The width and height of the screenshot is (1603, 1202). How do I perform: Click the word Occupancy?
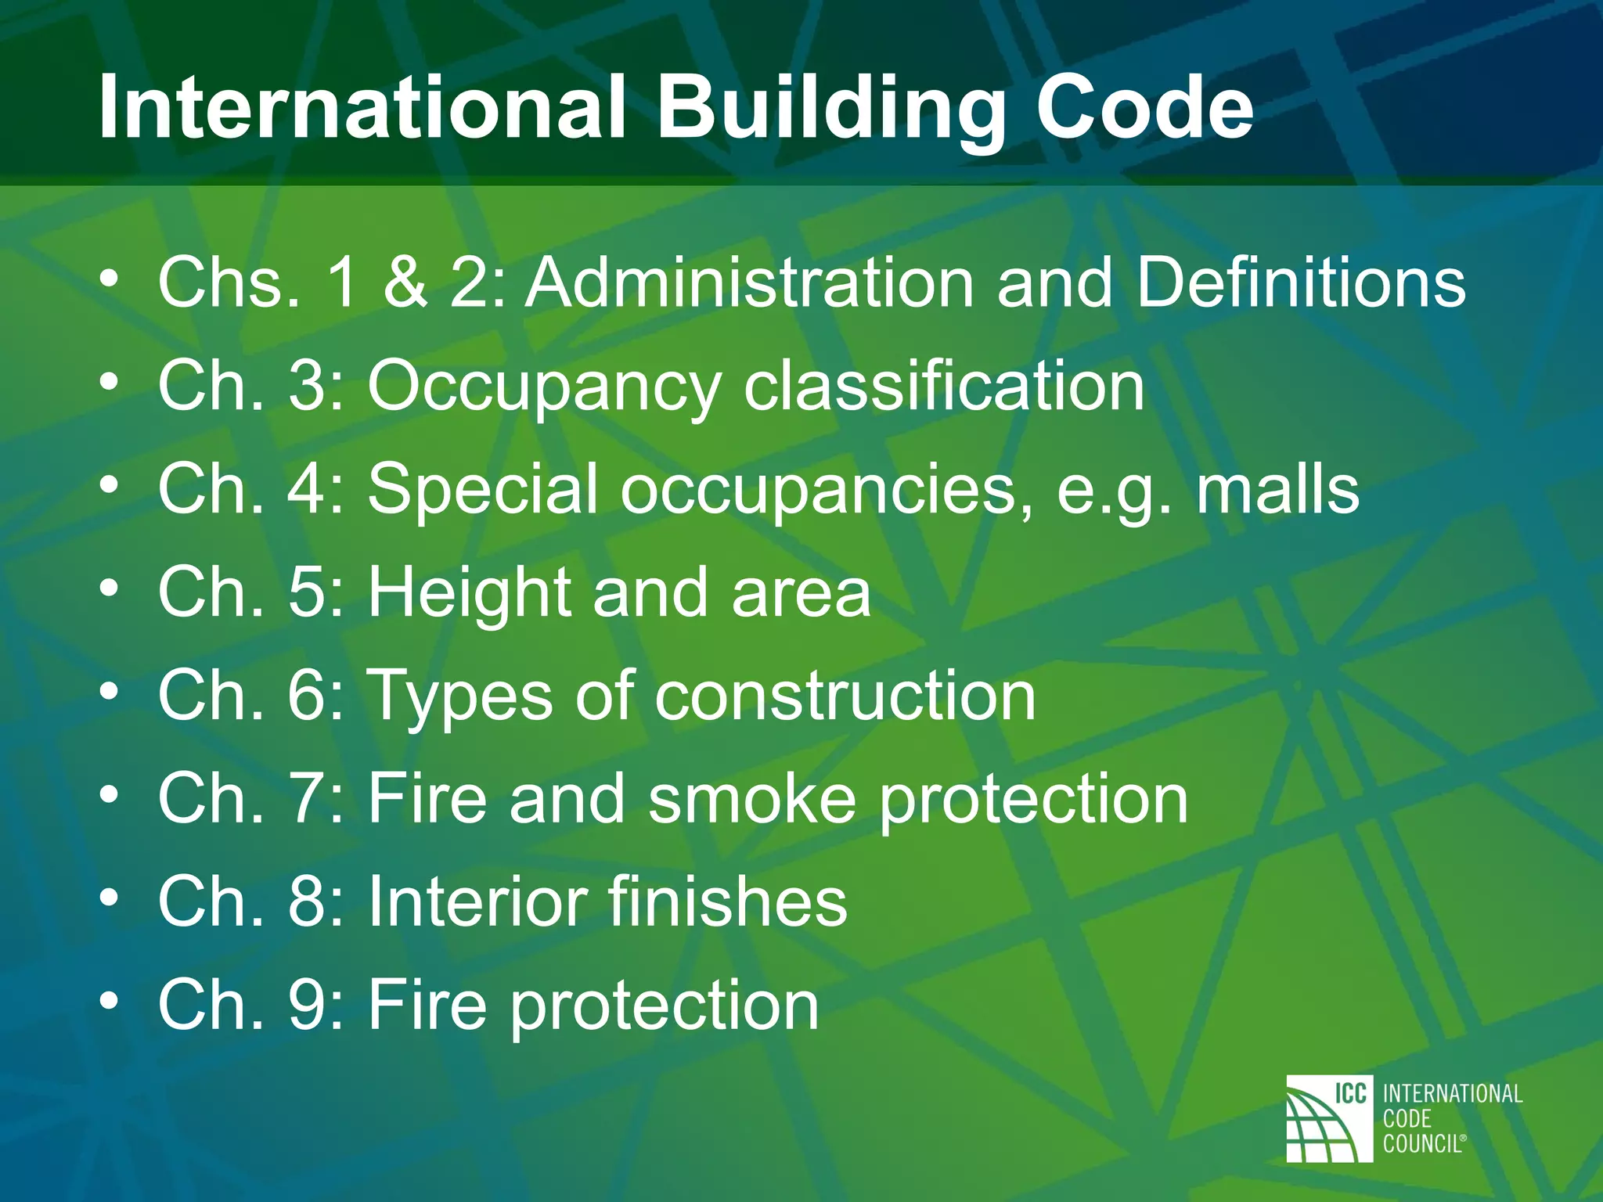545,387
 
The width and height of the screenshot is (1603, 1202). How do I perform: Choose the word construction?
845,696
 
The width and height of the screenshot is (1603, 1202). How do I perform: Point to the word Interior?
477,901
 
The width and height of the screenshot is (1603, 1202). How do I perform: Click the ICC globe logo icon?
1329,1118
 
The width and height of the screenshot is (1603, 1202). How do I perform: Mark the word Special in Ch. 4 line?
483,490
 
